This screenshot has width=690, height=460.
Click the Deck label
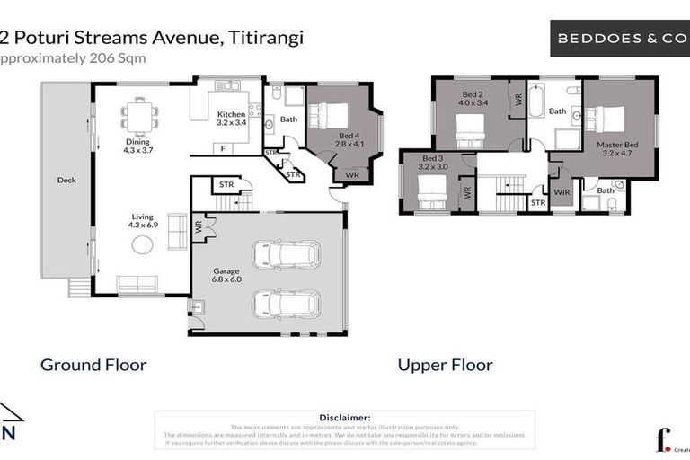pyautogui.click(x=66, y=180)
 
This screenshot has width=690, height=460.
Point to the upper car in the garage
pyautogui.click(x=286, y=254)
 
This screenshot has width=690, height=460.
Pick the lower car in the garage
pyautogui.click(x=286, y=303)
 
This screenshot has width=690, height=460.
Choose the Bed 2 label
pyautogui.click(x=473, y=98)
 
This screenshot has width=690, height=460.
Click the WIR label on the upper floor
pyautogui.click(x=562, y=191)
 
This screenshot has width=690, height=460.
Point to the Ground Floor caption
pyautogui.click(x=93, y=365)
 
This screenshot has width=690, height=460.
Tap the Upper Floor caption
pyautogui.click(x=446, y=365)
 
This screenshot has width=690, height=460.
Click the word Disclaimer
pyautogui.click(x=345, y=418)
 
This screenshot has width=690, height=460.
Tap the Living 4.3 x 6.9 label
pyautogui.click(x=144, y=219)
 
